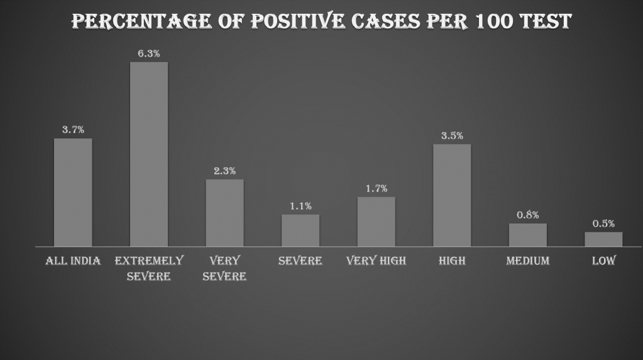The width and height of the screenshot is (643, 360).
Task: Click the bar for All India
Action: point(73,192)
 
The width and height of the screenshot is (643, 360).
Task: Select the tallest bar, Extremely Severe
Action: point(149,154)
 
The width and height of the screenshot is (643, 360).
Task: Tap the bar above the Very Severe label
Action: point(224,213)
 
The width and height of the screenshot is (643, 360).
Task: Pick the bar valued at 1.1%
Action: point(300,231)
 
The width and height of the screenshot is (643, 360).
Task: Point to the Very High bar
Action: point(376,222)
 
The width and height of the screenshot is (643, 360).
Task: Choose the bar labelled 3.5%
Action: point(452,195)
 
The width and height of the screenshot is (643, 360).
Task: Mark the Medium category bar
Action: point(527,235)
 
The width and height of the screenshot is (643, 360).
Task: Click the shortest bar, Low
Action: point(603,239)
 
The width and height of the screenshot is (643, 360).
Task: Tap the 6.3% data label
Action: point(149,53)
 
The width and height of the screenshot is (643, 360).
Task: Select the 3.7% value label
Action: point(73,130)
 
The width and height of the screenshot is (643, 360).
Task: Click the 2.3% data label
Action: point(224,171)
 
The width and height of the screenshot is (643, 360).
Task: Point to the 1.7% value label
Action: point(376,188)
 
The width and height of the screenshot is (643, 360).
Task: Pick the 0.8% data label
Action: point(527,215)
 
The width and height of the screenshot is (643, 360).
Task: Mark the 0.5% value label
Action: point(603,224)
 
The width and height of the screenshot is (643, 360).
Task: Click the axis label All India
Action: point(73,261)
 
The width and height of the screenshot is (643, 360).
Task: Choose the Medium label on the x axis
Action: point(527,261)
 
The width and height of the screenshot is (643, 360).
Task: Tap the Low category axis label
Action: point(603,261)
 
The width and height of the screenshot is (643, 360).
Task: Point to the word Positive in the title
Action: point(298,21)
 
